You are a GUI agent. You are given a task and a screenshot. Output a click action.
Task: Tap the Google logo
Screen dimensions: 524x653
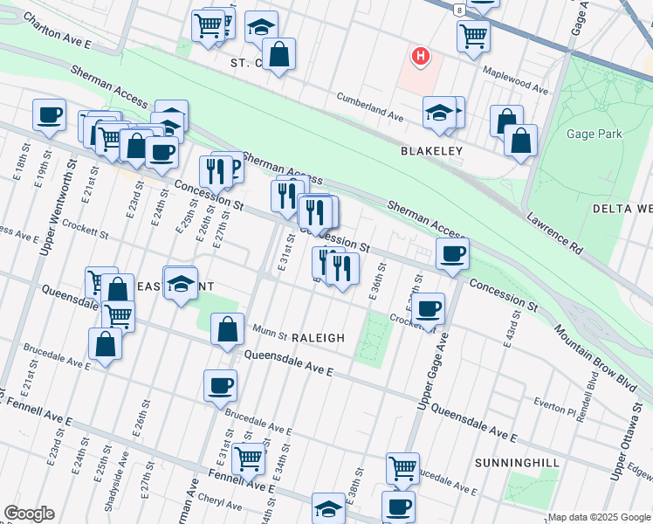tap(29, 514)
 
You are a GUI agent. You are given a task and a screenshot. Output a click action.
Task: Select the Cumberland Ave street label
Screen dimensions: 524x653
tap(369, 114)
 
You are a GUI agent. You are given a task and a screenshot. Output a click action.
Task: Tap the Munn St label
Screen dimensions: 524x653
tap(270, 333)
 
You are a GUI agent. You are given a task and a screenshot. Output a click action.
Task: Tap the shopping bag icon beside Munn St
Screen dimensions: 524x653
tap(227, 330)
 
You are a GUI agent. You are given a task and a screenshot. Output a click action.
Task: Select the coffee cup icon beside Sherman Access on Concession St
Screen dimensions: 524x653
tap(451, 254)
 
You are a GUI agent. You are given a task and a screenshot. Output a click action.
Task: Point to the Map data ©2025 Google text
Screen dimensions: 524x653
tap(599, 517)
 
